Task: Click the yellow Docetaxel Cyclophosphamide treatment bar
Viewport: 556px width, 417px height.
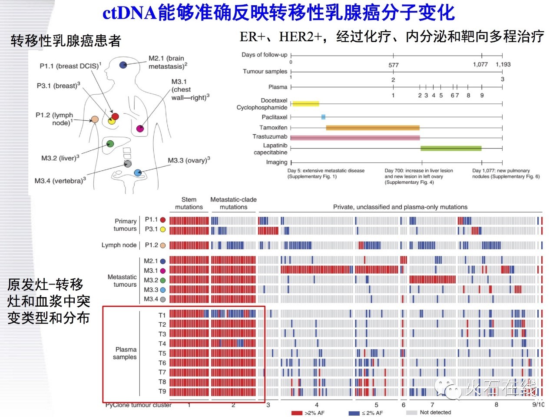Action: point(306,104)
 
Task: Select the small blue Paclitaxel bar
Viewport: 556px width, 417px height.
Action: point(323,117)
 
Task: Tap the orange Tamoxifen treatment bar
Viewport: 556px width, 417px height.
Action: point(373,128)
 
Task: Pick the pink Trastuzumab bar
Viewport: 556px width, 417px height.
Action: point(355,138)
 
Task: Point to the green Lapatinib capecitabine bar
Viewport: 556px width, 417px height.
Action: point(451,149)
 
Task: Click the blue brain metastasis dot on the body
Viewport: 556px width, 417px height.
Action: point(123,65)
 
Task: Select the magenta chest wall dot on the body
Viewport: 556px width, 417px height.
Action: point(140,129)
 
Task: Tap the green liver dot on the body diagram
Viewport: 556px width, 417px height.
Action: point(110,143)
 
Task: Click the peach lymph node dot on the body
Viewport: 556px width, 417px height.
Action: point(95,119)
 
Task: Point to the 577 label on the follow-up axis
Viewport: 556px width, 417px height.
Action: point(393,65)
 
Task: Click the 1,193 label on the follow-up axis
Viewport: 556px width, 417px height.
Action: point(503,64)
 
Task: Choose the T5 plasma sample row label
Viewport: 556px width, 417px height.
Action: point(162,353)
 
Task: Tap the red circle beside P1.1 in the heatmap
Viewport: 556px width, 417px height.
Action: point(163,220)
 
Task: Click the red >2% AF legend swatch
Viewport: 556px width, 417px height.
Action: point(297,413)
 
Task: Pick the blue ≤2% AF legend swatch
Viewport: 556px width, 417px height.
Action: point(354,413)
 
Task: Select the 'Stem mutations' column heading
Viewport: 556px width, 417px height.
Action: point(189,203)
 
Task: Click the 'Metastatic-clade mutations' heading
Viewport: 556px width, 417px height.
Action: point(233,203)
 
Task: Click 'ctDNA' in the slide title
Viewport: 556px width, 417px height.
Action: point(129,13)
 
